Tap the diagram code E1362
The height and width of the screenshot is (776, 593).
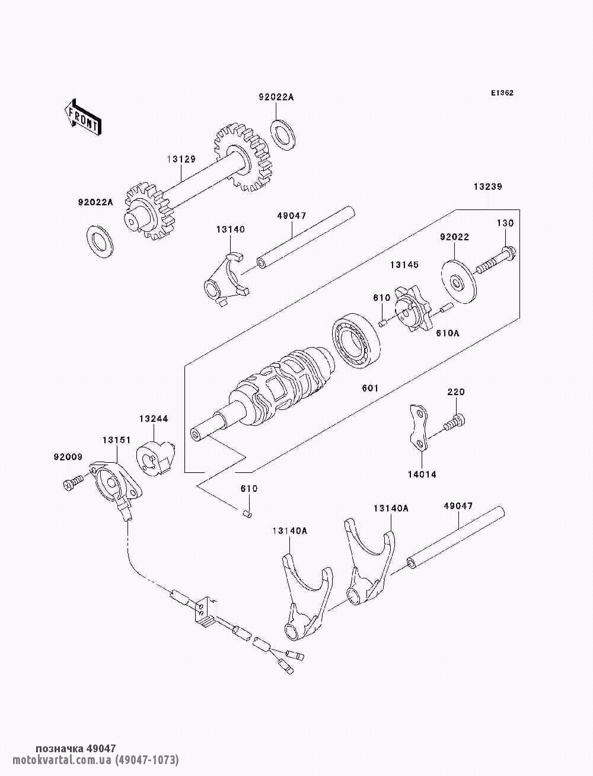(x=502, y=93)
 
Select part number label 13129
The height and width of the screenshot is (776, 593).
(x=181, y=159)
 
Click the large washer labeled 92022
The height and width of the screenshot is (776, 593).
(x=460, y=277)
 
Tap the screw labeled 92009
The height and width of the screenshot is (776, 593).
(x=73, y=484)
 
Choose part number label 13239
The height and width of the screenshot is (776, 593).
(x=487, y=186)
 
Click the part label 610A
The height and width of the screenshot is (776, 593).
(x=448, y=334)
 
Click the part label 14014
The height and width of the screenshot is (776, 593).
(x=421, y=475)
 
